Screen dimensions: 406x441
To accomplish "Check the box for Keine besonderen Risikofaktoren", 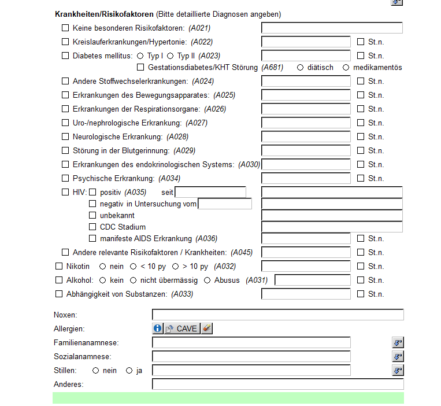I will (65, 28).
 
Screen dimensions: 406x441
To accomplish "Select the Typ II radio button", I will (171, 56).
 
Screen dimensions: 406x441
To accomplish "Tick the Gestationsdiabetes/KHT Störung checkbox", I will (140, 68).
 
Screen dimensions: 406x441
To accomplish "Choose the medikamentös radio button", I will (346, 68).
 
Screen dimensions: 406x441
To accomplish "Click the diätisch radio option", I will (300, 68).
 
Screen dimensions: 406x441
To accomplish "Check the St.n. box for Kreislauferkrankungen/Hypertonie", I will (361, 42).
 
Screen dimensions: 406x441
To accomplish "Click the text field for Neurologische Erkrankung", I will (306, 137).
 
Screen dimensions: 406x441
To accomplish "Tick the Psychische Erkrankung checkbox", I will (65, 179).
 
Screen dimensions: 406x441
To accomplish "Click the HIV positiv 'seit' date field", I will (210, 192).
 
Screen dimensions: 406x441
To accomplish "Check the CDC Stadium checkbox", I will (92, 227).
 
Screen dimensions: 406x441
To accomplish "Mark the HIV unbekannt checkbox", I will (92, 216).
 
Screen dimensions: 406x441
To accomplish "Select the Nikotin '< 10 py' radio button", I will (134, 267).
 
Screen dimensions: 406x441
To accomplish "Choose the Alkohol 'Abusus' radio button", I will (207, 280).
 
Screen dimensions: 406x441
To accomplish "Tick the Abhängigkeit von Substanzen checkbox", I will (58, 294).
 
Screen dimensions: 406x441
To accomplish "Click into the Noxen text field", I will (277, 315).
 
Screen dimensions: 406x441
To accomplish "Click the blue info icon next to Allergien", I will (158, 329).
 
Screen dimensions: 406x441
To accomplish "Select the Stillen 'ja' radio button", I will (129, 371).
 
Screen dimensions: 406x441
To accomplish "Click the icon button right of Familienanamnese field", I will (397, 343).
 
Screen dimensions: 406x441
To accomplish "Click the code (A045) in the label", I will (242, 253).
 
